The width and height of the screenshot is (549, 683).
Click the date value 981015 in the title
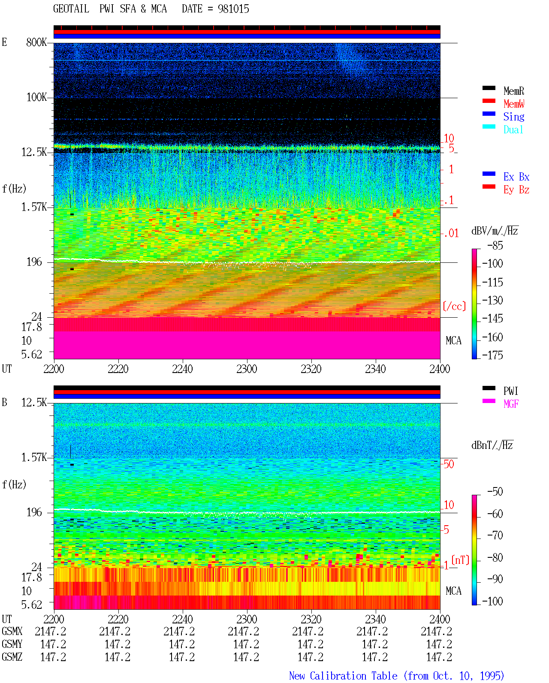point(233,9)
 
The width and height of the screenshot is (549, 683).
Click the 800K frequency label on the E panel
point(36,42)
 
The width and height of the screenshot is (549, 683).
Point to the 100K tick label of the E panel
point(36,97)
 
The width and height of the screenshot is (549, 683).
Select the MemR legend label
point(513,91)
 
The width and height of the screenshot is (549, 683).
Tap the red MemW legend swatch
point(489,101)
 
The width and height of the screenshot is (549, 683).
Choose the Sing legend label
point(513,117)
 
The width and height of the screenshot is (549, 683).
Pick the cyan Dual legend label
point(513,129)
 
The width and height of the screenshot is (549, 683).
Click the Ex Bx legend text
point(516,177)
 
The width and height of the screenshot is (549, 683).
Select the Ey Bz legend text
point(516,190)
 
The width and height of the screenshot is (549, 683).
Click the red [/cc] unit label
point(454,306)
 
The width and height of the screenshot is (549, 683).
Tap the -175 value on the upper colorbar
point(492,355)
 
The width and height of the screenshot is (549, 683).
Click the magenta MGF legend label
point(511,404)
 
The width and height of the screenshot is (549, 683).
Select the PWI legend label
point(510,391)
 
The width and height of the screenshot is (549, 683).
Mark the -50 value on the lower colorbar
point(495,492)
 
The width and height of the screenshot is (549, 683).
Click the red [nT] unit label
point(460,560)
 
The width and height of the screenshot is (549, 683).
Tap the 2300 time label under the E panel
point(247,369)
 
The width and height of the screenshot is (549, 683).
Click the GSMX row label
point(12,631)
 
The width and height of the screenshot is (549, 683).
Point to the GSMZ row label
point(12,657)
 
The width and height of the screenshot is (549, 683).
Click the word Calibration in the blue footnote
point(353,676)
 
